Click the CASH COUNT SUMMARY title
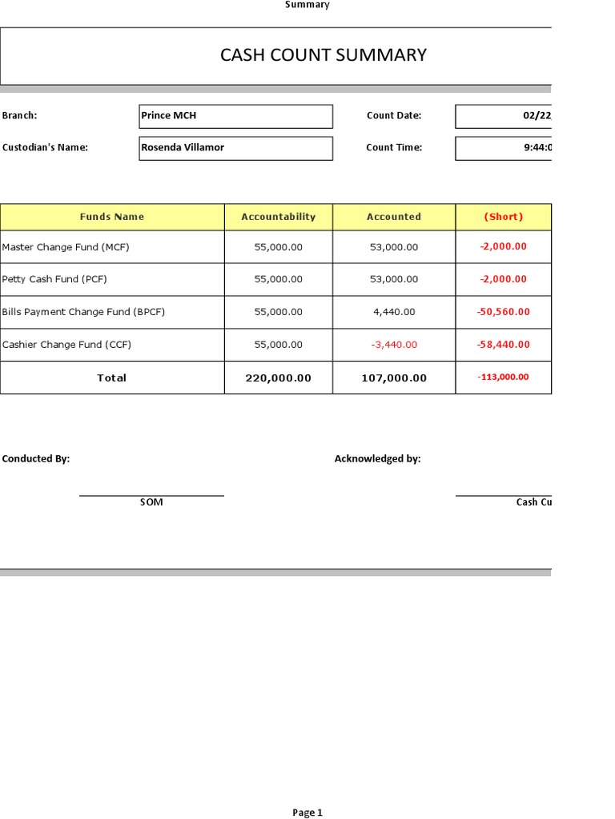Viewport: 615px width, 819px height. tap(323, 55)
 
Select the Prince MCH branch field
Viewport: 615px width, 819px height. tap(235, 116)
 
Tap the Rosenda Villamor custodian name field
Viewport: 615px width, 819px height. tap(235, 148)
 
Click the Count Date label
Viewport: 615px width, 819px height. tap(393, 116)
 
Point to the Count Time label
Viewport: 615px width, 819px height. tap(393, 148)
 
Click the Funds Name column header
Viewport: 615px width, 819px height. tap(112, 217)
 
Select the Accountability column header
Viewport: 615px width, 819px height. tap(278, 217)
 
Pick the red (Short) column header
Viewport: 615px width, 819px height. tap(503, 217)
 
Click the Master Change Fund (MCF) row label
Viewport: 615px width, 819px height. tap(66, 247)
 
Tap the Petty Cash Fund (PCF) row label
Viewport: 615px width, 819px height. tap(54, 279)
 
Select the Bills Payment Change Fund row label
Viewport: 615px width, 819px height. tap(83, 312)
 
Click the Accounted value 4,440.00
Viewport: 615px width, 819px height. tap(393, 312)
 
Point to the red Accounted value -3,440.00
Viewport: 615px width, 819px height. tap(393, 345)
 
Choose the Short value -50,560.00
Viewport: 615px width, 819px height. tap(503, 312)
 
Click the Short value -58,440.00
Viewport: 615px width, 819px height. tap(503, 345)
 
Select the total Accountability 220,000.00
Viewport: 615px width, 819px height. tap(278, 378)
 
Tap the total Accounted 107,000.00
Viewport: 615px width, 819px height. tap(393, 378)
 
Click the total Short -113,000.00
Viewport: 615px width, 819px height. tap(503, 378)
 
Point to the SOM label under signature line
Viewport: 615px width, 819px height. tap(151, 502)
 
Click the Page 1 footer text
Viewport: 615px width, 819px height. tap(307, 813)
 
